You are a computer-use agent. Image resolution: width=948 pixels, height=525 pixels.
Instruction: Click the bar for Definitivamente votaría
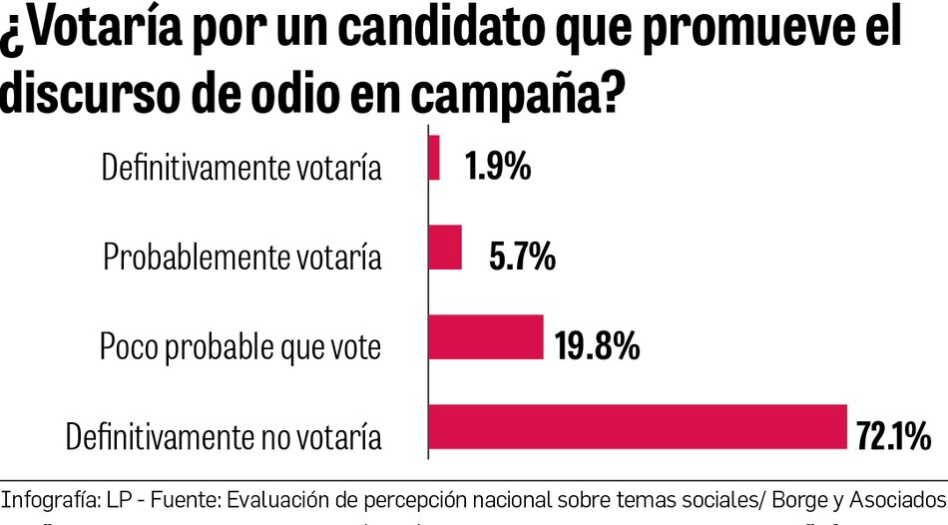[434, 158]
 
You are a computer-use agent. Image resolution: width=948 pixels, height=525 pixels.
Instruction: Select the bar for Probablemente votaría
[445, 248]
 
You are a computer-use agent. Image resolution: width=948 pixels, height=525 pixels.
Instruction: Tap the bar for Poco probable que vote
[485, 337]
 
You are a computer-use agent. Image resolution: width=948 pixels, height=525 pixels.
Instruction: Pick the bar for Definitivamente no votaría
[637, 427]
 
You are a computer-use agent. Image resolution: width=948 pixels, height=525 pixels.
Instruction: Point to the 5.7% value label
[523, 258]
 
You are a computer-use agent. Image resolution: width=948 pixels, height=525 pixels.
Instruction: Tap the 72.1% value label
[893, 437]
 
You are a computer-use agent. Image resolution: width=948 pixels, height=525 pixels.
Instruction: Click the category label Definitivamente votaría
[241, 168]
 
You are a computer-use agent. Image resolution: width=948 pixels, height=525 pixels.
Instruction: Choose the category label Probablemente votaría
[242, 258]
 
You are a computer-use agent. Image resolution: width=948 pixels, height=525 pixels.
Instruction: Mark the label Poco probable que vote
[240, 347]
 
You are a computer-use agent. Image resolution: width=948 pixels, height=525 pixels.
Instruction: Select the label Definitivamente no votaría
[224, 437]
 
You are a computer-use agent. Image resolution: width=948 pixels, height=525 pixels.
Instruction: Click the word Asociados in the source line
[894, 498]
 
